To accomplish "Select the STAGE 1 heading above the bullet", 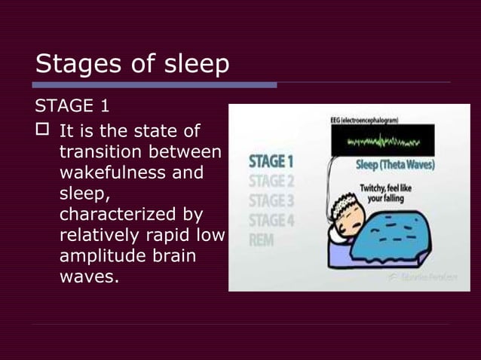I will coord(73,105).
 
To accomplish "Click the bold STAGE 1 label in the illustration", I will coord(268,162).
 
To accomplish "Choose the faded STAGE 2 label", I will coord(268,182).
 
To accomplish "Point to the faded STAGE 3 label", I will coord(268,201).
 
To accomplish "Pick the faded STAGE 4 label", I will coord(268,221).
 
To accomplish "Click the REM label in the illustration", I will coord(260,240).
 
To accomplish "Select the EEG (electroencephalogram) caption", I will coord(363,121).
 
